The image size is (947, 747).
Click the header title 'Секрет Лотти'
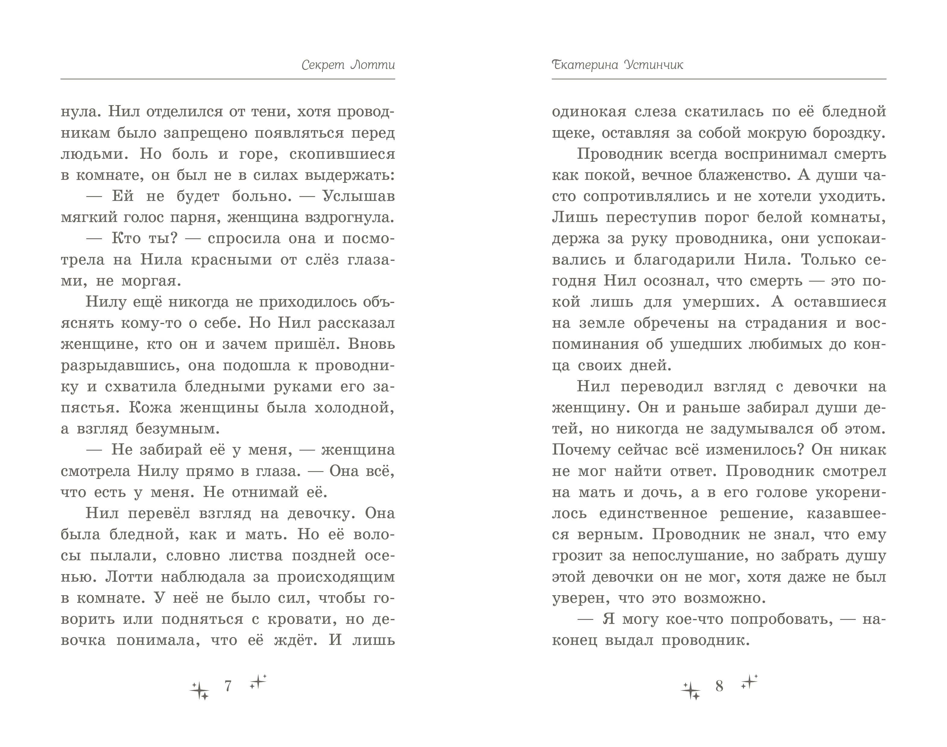pyautogui.click(x=348, y=65)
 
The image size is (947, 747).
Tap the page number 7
pyautogui.click(x=228, y=686)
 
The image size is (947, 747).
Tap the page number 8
pyautogui.click(x=719, y=686)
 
